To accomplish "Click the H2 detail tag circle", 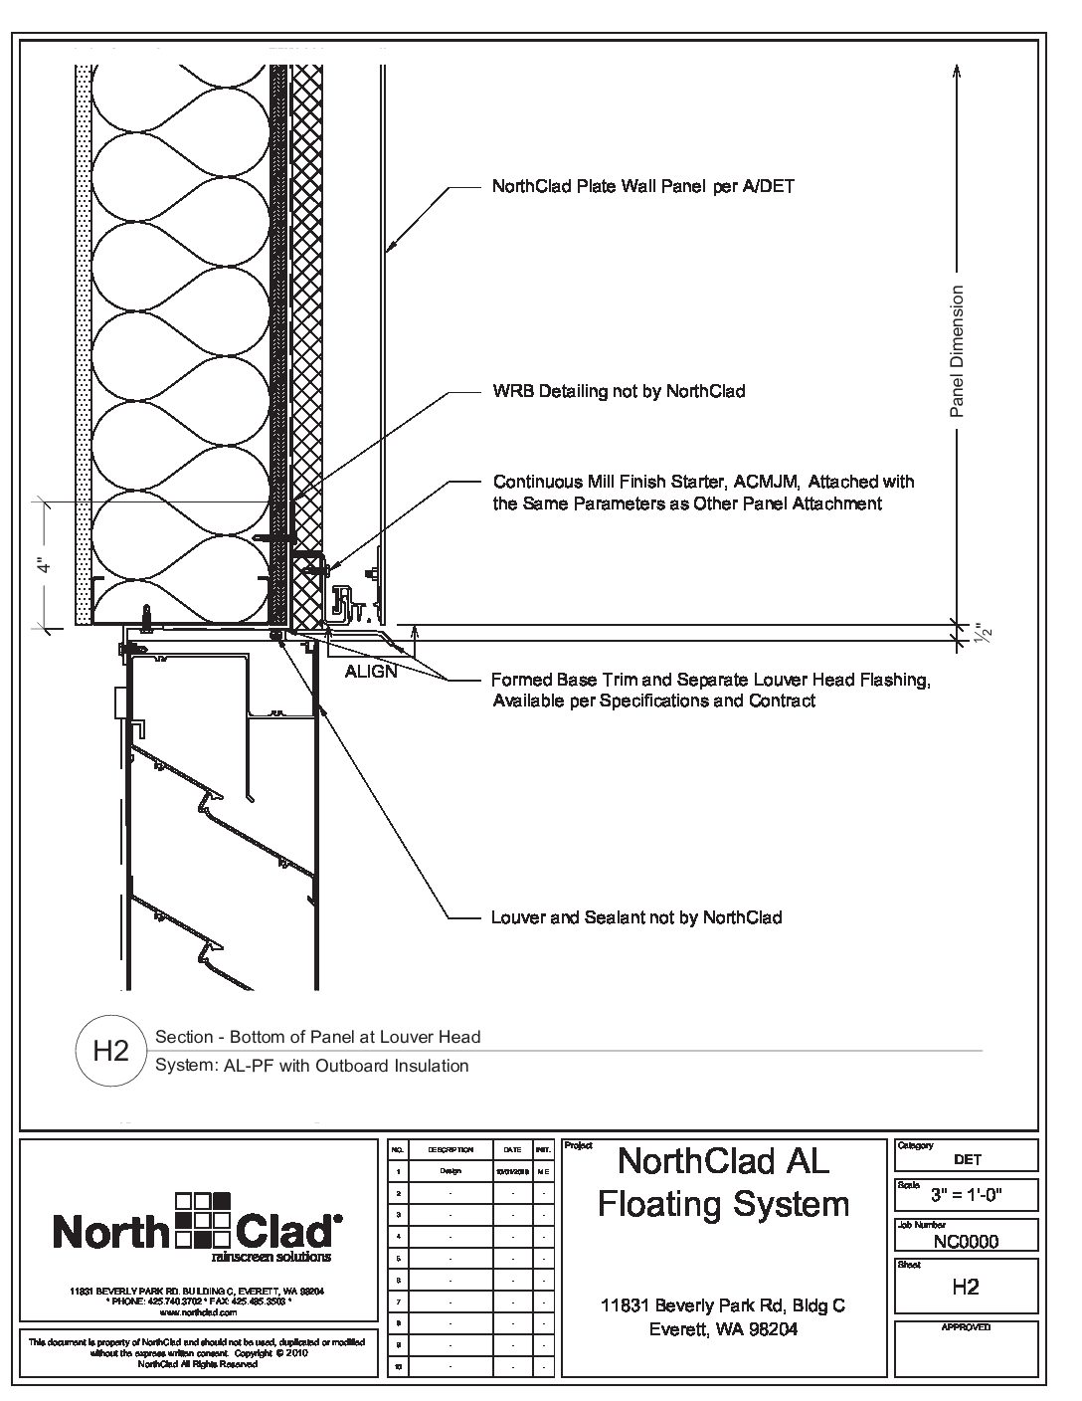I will pos(110,1051).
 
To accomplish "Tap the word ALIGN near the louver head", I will pos(371,672).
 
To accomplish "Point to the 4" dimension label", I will pos(43,564).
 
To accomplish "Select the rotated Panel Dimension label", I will pos(957,351).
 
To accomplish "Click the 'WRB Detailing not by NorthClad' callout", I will pos(619,391).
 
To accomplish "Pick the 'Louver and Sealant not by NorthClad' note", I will pos(636,917).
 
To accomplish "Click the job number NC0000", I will pos(966,1241).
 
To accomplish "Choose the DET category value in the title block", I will pos(966,1159).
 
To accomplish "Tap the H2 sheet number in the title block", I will pos(966,1287).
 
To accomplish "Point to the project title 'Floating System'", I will pos(723,1204).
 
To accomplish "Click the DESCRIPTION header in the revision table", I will pos(451,1149).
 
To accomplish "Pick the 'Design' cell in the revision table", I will pos(451,1171).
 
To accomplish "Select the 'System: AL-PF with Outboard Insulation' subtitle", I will pos(312,1066).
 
